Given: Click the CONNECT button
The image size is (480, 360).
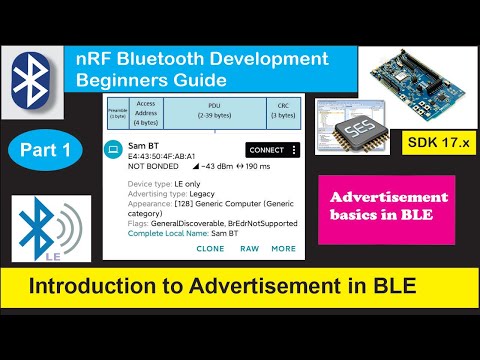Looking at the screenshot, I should (x=267, y=150).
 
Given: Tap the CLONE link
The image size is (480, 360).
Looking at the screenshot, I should (x=211, y=248).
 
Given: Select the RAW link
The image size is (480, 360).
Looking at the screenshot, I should (x=249, y=248).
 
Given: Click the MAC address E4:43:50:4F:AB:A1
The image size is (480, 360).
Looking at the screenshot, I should (x=163, y=156).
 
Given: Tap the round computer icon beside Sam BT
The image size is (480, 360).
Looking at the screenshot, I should (x=115, y=149).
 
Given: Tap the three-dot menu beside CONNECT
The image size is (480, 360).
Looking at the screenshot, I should (x=294, y=150).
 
